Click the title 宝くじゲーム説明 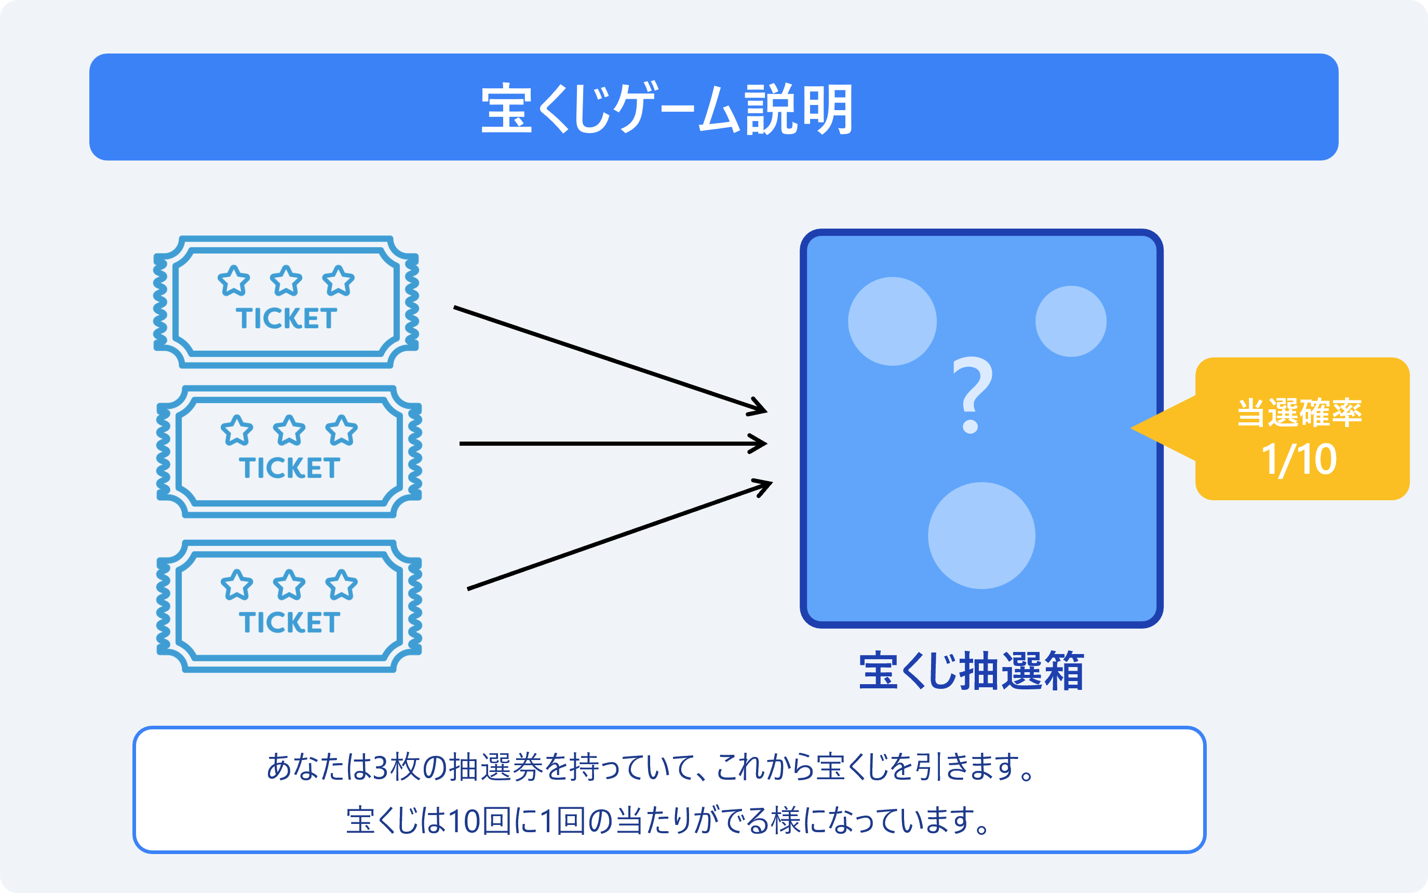[667, 109]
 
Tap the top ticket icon [286, 302]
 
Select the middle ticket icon [289, 452]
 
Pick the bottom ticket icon [289, 606]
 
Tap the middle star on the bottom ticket [289, 585]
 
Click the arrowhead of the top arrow [758, 407]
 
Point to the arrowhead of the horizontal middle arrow [759, 444]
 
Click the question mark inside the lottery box [972, 394]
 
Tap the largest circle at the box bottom [982, 536]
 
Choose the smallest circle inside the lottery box [1071, 321]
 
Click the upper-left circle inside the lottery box [893, 321]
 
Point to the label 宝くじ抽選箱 [971, 671]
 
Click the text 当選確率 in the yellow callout [1299, 412]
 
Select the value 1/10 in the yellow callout [1299, 460]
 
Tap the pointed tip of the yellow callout [1131, 428]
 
